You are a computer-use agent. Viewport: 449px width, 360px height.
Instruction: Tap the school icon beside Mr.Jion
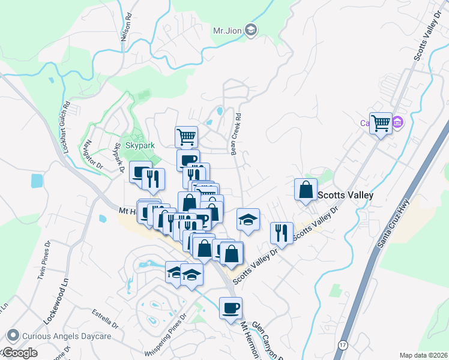click(252, 30)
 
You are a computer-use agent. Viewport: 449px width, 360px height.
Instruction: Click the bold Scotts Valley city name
click(345, 195)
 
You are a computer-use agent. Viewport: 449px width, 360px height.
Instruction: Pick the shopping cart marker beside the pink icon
click(381, 124)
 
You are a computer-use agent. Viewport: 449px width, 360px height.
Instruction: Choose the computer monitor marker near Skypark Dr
click(140, 173)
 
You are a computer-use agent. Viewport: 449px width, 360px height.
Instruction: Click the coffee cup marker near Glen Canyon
click(231, 308)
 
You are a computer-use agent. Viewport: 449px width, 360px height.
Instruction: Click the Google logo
click(19, 352)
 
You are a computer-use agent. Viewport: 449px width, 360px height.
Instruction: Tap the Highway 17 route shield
click(342, 346)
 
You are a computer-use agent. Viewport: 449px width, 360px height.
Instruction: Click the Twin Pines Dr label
click(47, 263)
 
